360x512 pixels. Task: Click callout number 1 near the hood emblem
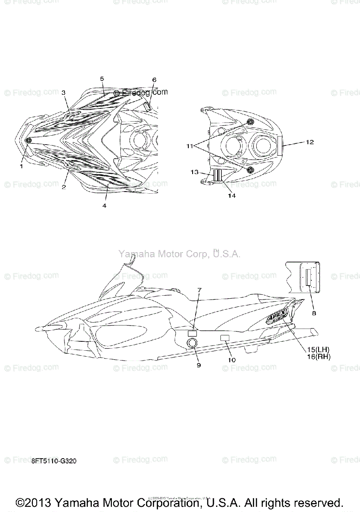pyautogui.click(x=21, y=166)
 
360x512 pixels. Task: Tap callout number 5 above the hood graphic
pyautogui.click(x=102, y=79)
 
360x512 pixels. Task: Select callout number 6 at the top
pyautogui.click(x=154, y=80)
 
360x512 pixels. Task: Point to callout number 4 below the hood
pyautogui.click(x=104, y=206)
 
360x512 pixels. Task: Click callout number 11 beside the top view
pyautogui.click(x=190, y=146)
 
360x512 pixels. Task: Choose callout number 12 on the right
pyautogui.click(x=310, y=142)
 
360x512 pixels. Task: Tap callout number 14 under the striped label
pyautogui.click(x=232, y=196)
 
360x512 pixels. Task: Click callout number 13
pyautogui.click(x=194, y=172)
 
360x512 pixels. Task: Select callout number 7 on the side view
pyautogui.click(x=199, y=290)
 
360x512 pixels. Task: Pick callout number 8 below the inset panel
pyautogui.click(x=314, y=313)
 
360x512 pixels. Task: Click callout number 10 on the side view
pyautogui.click(x=231, y=360)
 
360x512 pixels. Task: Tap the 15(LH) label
pyautogui.click(x=318, y=350)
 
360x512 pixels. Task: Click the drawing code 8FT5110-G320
pyautogui.click(x=54, y=462)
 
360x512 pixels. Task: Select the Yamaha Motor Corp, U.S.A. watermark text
pyautogui.click(x=179, y=254)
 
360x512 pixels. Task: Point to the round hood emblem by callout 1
pyautogui.click(x=29, y=141)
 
